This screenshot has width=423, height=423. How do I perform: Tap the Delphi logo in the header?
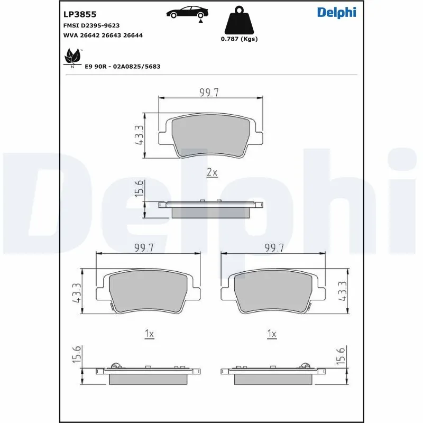click(x=337, y=13)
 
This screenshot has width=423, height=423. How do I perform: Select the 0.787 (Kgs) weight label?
click(x=239, y=39)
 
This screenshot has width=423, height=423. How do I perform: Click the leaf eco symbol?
click(x=71, y=56)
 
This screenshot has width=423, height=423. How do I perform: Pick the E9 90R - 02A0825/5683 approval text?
click(x=123, y=67)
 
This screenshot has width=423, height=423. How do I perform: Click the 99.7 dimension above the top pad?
click(x=209, y=93)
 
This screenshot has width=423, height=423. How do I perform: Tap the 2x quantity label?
click(x=212, y=173)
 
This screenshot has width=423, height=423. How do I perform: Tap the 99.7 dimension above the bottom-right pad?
click(x=274, y=248)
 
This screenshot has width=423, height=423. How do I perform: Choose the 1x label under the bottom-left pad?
click(x=149, y=334)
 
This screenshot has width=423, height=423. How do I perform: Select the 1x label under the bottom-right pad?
click(x=272, y=334)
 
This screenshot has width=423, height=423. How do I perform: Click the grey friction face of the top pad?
click(x=210, y=136)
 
